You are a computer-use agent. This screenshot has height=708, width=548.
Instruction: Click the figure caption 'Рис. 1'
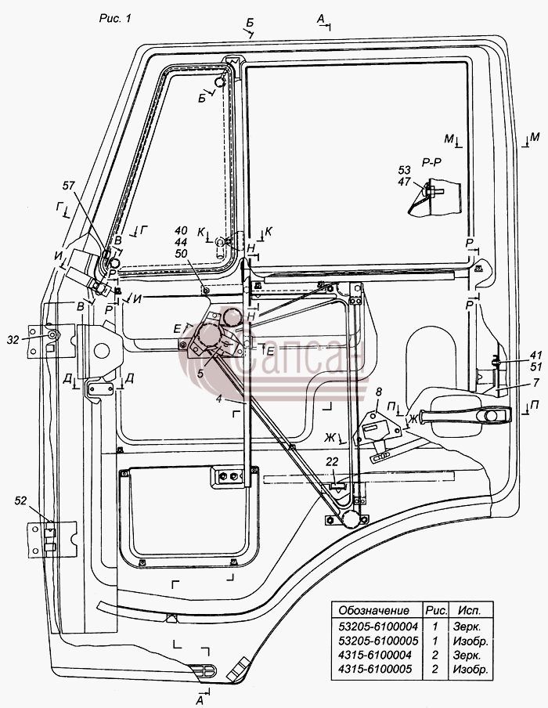(x=115, y=19)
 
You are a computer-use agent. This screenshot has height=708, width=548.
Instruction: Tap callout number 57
(x=69, y=186)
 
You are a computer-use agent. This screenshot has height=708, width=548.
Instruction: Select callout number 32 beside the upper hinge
(x=13, y=340)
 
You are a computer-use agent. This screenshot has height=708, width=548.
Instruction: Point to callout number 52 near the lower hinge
(x=21, y=500)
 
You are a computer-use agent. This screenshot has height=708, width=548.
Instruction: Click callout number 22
(x=332, y=461)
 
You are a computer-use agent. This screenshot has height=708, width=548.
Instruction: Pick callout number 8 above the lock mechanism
(x=378, y=392)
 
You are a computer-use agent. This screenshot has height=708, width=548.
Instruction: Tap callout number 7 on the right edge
(x=535, y=383)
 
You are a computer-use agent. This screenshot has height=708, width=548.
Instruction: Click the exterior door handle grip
(x=465, y=415)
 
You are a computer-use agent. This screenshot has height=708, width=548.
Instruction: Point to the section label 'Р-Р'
(x=431, y=163)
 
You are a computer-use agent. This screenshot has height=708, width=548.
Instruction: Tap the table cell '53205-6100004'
(x=378, y=627)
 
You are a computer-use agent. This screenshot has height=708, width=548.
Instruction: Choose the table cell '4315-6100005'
(x=375, y=669)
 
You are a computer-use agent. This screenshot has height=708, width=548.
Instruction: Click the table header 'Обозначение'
(x=373, y=610)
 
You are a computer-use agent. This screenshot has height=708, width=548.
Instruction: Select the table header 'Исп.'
(x=470, y=610)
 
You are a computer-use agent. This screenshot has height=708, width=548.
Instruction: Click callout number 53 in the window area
(x=405, y=170)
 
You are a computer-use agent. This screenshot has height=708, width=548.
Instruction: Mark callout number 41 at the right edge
(x=535, y=355)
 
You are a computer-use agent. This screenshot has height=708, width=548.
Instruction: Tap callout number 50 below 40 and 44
(x=181, y=254)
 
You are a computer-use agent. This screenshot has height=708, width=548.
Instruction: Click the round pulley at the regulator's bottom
(x=350, y=520)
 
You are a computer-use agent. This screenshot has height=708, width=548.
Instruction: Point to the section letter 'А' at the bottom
(x=200, y=699)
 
